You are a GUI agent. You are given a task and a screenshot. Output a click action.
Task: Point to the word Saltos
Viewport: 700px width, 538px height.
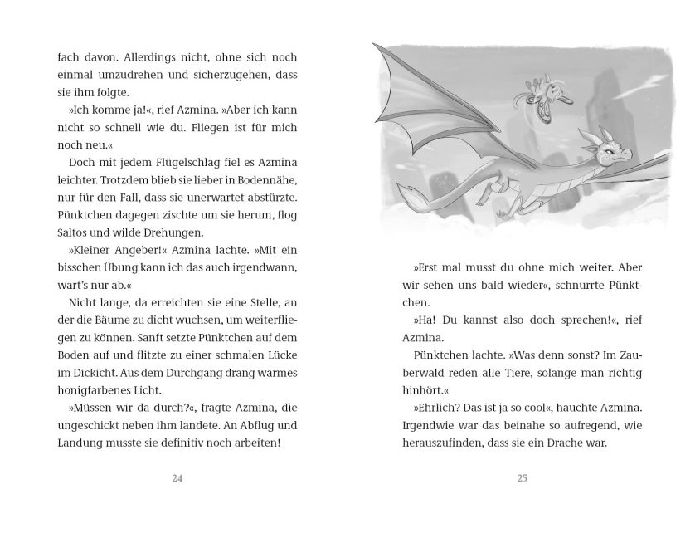(x=74, y=233)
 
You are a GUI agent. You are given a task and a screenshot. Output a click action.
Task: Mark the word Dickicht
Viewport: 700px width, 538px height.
(x=83, y=373)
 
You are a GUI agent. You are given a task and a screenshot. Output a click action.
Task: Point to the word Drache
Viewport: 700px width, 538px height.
(x=566, y=443)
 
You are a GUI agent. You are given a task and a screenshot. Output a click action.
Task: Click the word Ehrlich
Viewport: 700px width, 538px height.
(x=440, y=408)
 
